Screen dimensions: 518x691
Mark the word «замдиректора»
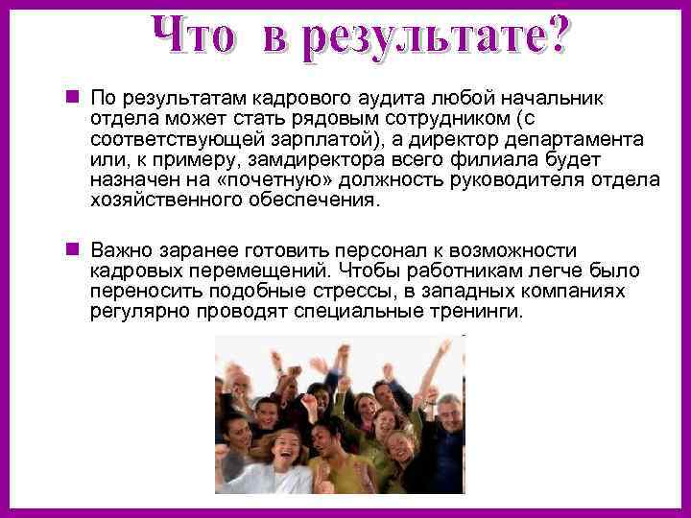[307, 161]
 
